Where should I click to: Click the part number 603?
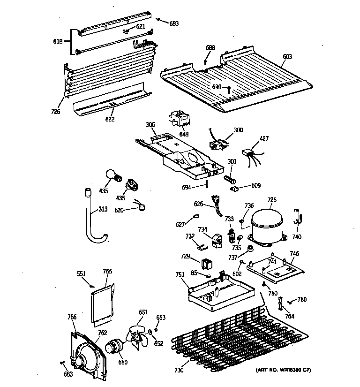pyautogui.click(x=287, y=57)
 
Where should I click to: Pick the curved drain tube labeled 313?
pyautogui.click(x=94, y=220)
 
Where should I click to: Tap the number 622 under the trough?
pyautogui.click(x=109, y=120)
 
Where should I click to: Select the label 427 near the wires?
pyautogui.click(x=264, y=138)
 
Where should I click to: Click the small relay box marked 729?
pyautogui.click(x=207, y=263)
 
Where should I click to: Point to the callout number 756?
pyautogui.click(x=72, y=318)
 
